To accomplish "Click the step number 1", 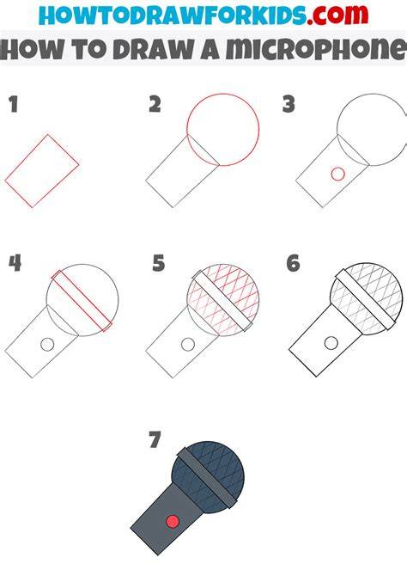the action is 14,104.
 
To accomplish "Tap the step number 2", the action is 155,104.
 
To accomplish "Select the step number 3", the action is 289,104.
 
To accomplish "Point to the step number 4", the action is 15,263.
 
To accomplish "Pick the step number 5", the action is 159,263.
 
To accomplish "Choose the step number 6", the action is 294,263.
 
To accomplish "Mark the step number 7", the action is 155,439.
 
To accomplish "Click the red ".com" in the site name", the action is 337,15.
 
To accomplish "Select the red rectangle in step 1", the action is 42,171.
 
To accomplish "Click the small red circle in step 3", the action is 337,174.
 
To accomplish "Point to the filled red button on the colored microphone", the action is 173,521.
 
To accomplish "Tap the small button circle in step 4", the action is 47,345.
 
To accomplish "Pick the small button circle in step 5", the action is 188,344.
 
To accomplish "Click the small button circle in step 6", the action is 331,343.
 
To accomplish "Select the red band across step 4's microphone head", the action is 82,301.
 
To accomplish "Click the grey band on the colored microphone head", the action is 207,477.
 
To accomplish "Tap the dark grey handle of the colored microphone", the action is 167,519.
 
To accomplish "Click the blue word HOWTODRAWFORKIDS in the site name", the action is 173,15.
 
